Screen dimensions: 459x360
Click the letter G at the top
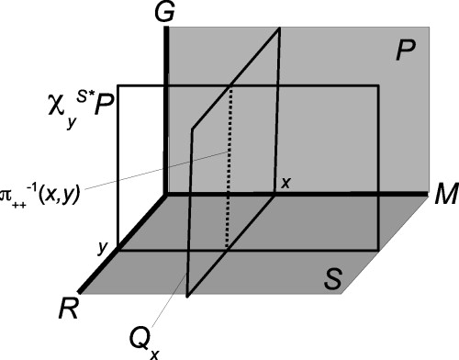pyautogui.click(x=166, y=14)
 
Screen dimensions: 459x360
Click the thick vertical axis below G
pyautogui.click(x=165, y=110)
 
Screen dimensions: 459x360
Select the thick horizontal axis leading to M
pyautogui.click(x=303, y=195)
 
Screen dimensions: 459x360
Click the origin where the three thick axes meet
pyautogui.click(x=165, y=195)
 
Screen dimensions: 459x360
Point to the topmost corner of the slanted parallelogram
pyautogui.click(x=278, y=29)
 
